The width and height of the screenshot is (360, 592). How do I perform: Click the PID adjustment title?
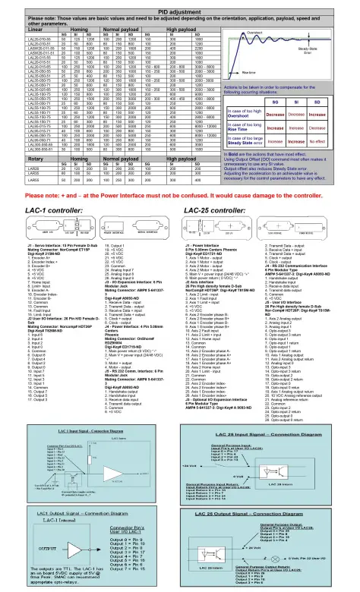(x=180, y=6)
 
